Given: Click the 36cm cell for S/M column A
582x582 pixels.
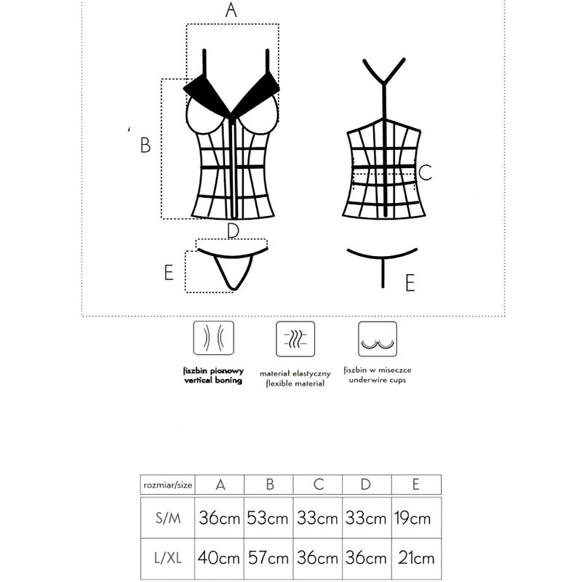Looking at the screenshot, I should (220, 519).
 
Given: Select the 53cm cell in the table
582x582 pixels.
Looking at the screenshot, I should (268, 519).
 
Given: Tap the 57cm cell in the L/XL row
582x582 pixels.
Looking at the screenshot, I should (268, 559).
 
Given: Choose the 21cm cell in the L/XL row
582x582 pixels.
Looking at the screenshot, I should (415, 559).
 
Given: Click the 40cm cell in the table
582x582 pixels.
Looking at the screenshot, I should (220, 559).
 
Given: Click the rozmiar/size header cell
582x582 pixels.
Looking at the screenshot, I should (167, 485).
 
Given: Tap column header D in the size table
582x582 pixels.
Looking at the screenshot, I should (367, 485).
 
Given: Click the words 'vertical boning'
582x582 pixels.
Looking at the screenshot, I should (212, 380).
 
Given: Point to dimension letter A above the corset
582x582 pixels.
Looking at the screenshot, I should (231, 10).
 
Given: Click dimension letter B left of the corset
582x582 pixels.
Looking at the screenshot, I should (145, 145).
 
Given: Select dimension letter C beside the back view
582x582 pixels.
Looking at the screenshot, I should (426, 172).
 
